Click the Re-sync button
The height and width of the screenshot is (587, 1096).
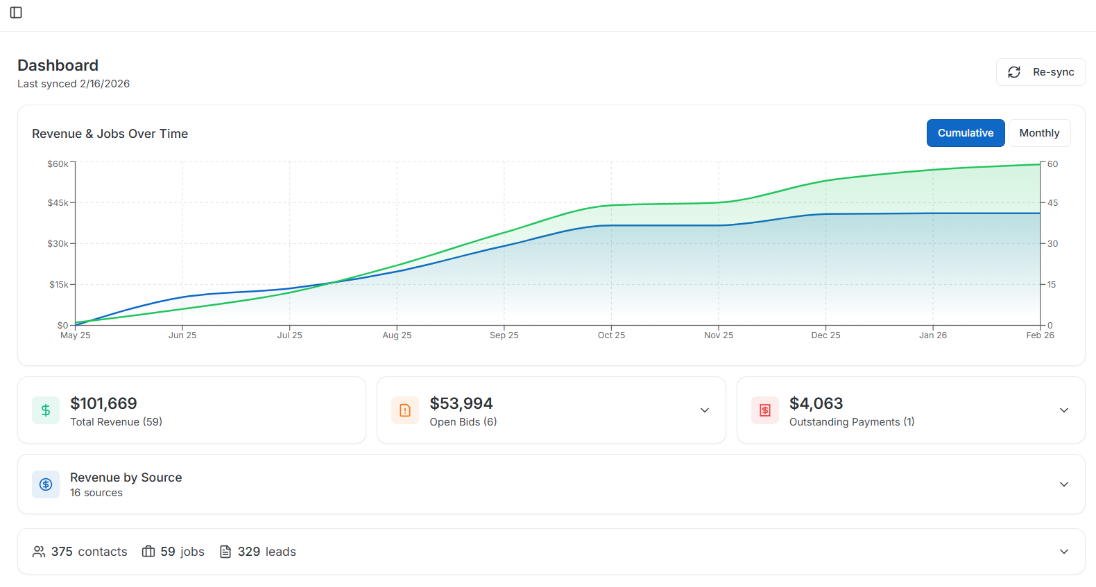(x=1041, y=72)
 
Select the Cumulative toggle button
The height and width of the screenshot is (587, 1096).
(x=965, y=133)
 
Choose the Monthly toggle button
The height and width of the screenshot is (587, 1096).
(x=1038, y=133)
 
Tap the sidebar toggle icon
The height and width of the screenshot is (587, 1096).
(x=16, y=12)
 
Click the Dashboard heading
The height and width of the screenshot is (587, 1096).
(x=58, y=65)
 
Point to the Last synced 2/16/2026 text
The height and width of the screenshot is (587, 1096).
(x=74, y=84)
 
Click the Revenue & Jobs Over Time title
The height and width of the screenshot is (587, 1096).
(x=110, y=134)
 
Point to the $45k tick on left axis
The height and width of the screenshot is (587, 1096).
(x=58, y=203)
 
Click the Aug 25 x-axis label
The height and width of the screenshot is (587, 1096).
(x=397, y=335)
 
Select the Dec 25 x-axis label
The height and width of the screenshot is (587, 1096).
(x=825, y=335)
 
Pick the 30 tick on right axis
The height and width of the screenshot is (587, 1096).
(x=1052, y=244)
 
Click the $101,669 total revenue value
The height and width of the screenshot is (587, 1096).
(x=103, y=403)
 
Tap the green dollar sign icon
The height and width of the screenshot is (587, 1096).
(x=46, y=410)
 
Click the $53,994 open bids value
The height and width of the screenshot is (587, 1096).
(x=461, y=403)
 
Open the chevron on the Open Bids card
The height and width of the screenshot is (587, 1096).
(x=704, y=410)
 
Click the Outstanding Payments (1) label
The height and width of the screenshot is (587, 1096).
(x=851, y=422)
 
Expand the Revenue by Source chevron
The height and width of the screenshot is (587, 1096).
(x=1063, y=484)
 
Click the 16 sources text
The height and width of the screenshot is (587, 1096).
(x=96, y=493)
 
